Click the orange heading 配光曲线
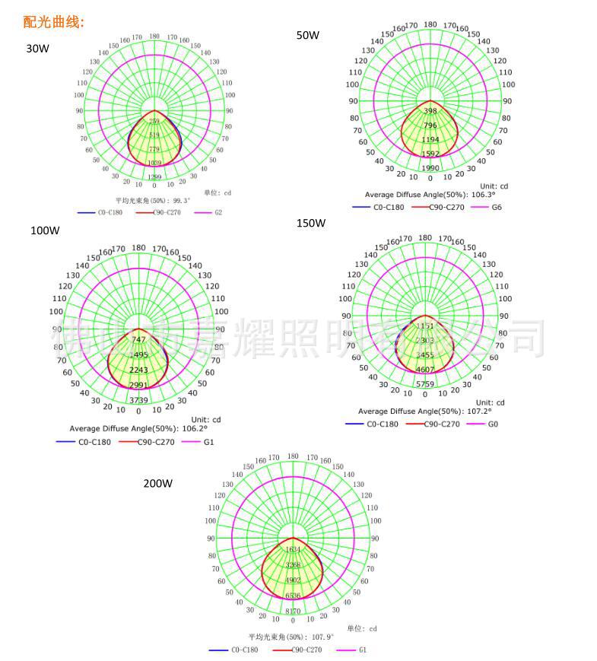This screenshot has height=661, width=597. click(53, 22)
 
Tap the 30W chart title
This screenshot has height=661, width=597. click(37, 48)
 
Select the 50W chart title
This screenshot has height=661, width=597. click(308, 35)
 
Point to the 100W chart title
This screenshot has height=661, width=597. click(45, 230)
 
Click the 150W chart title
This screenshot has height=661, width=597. click(310, 223)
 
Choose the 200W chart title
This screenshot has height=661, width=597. click(158, 483)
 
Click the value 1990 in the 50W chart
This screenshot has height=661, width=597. click(430, 168)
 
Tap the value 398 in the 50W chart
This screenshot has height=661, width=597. click(430, 111)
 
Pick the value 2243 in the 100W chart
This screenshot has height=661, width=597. click(138, 370)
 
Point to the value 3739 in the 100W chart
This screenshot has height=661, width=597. click(138, 400)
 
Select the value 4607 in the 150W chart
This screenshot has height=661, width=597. click(424, 370)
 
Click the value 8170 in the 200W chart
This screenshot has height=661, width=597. click(293, 611)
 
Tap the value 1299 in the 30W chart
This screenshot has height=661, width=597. click(154, 177)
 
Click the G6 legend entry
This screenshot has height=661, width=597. click(496, 207)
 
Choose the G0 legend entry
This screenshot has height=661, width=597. click(492, 424)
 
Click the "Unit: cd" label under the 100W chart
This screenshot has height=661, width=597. click(205, 419)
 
